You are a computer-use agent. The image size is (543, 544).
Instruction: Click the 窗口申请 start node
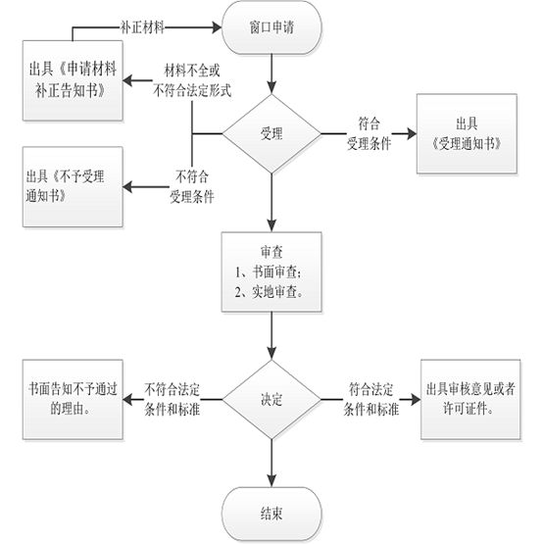pyautogui.click(x=271, y=27)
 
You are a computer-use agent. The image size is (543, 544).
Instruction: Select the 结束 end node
pyautogui.click(x=271, y=514)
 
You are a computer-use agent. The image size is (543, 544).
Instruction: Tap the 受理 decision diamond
pyautogui.click(x=271, y=133)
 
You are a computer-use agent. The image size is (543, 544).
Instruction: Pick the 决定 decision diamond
pyautogui.click(x=271, y=399)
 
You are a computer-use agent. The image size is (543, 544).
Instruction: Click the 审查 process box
pyautogui.click(x=271, y=272)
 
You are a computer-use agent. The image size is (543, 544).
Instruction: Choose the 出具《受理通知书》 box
pyautogui.click(x=467, y=133)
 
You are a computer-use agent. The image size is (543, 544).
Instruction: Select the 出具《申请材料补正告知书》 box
pyautogui.click(x=73, y=80)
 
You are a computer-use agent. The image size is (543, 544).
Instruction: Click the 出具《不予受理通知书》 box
pyautogui.click(x=73, y=186)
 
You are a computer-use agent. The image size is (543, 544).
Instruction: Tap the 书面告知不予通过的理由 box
pyautogui.click(x=73, y=399)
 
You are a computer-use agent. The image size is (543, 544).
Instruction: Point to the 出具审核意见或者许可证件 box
pyautogui.click(x=470, y=399)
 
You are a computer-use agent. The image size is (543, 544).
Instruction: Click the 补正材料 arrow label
pyautogui.click(x=142, y=27)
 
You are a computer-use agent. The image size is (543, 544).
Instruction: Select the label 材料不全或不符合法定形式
pyautogui.click(x=192, y=80)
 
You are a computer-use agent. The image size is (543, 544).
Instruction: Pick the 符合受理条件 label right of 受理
pyautogui.click(x=370, y=133)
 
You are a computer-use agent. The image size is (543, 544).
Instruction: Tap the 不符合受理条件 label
pyautogui.click(x=192, y=187)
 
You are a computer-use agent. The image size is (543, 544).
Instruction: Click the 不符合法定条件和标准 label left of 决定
pyautogui.click(x=173, y=399)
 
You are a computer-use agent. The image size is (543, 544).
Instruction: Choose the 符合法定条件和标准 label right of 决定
pyautogui.click(x=371, y=399)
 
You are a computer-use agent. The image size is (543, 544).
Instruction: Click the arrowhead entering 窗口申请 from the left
pyautogui.click(x=218, y=27)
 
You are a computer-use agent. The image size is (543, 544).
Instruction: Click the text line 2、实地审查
pyautogui.click(x=270, y=292)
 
